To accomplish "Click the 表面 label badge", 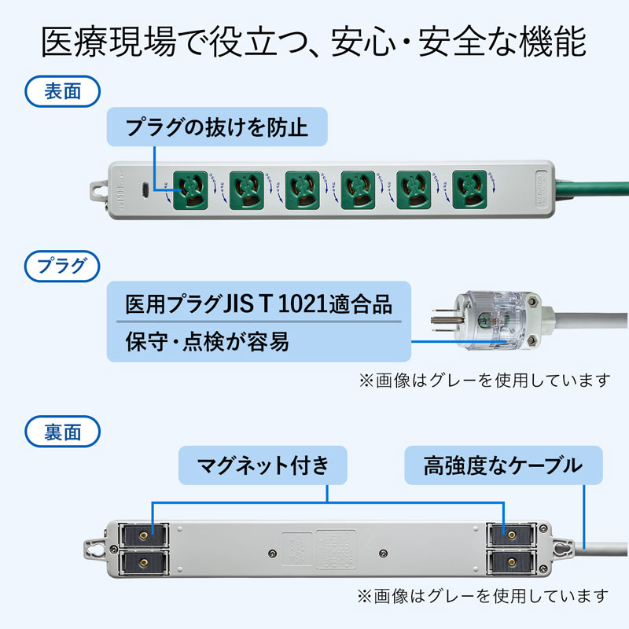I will [64, 91].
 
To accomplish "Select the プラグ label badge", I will [64, 265].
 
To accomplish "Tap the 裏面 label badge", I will [64, 432].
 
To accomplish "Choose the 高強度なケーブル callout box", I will [503, 465].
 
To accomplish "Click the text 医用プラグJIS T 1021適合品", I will [259, 303].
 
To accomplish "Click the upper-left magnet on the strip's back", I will [142, 535].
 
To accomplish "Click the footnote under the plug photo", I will [484, 381].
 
